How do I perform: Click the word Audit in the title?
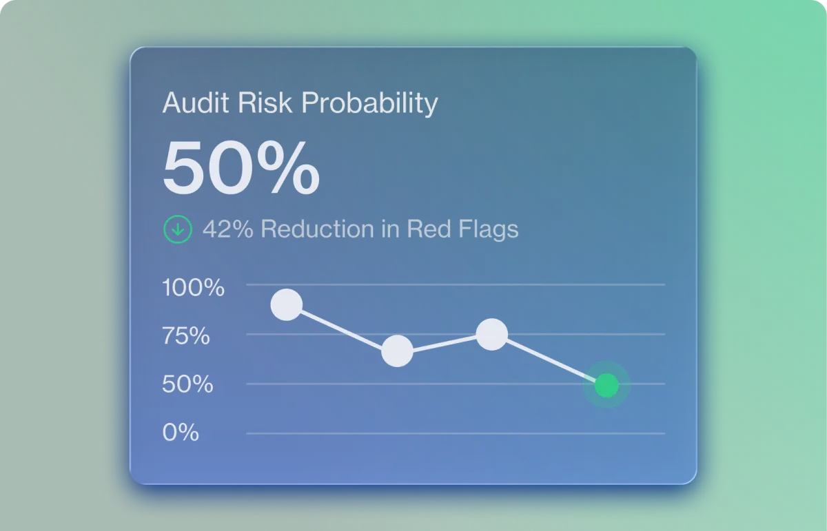pyautogui.click(x=196, y=102)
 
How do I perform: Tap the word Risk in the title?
pyautogui.click(x=265, y=102)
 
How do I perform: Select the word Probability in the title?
pyautogui.click(x=369, y=104)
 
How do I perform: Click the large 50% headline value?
pyautogui.click(x=241, y=167)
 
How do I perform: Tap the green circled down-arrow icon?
pyautogui.click(x=178, y=229)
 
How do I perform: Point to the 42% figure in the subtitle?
pyautogui.click(x=228, y=229)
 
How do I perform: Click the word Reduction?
pyautogui.click(x=318, y=229)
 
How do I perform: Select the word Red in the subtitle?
pyautogui.click(x=429, y=229)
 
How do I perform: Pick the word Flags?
pyautogui.click(x=489, y=229)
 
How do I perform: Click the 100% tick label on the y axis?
pyautogui.click(x=193, y=287)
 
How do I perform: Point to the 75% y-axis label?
pyautogui.click(x=185, y=336)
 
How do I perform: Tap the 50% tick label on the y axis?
pyautogui.click(x=187, y=384)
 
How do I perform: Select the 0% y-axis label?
pyautogui.click(x=181, y=432)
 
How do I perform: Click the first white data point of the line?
pyautogui.click(x=287, y=305)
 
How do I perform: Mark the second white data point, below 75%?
pyautogui.click(x=397, y=351)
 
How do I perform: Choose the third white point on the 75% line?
pyautogui.click(x=492, y=334)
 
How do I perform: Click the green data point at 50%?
pyautogui.click(x=606, y=385)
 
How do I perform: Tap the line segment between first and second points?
pyautogui.click(x=342, y=328)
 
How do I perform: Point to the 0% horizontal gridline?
pyautogui.click(x=456, y=434)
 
